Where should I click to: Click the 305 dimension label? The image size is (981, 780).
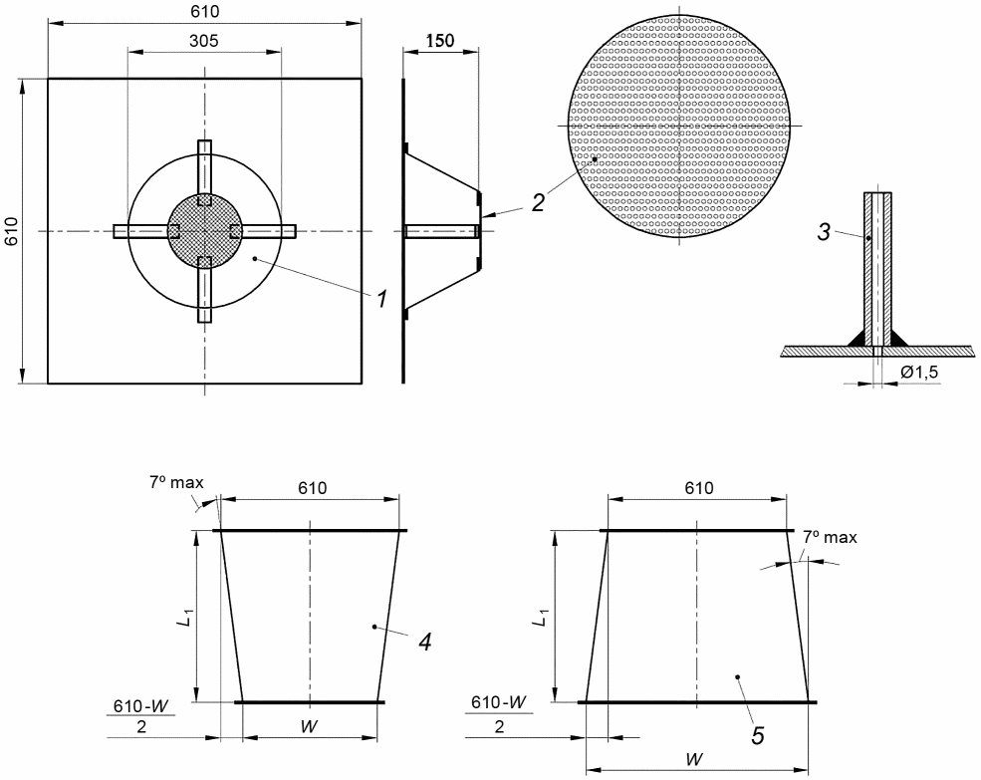click(x=204, y=41)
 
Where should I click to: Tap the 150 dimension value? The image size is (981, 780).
click(x=440, y=41)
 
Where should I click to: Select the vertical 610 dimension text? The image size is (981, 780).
click(x=13, y=231)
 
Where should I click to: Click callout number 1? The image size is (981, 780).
click(x=381, y=299)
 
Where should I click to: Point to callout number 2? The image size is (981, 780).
click(x=538, y=202)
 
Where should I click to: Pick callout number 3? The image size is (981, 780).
click(x=824, y=232)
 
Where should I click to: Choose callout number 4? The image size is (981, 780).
click(x=425, y=642)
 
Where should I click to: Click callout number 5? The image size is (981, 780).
click(x=758, y=735)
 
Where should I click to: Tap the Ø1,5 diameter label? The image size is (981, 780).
click(x=919, y=373)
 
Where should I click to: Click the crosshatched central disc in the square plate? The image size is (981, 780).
click(x=204, y=231)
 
